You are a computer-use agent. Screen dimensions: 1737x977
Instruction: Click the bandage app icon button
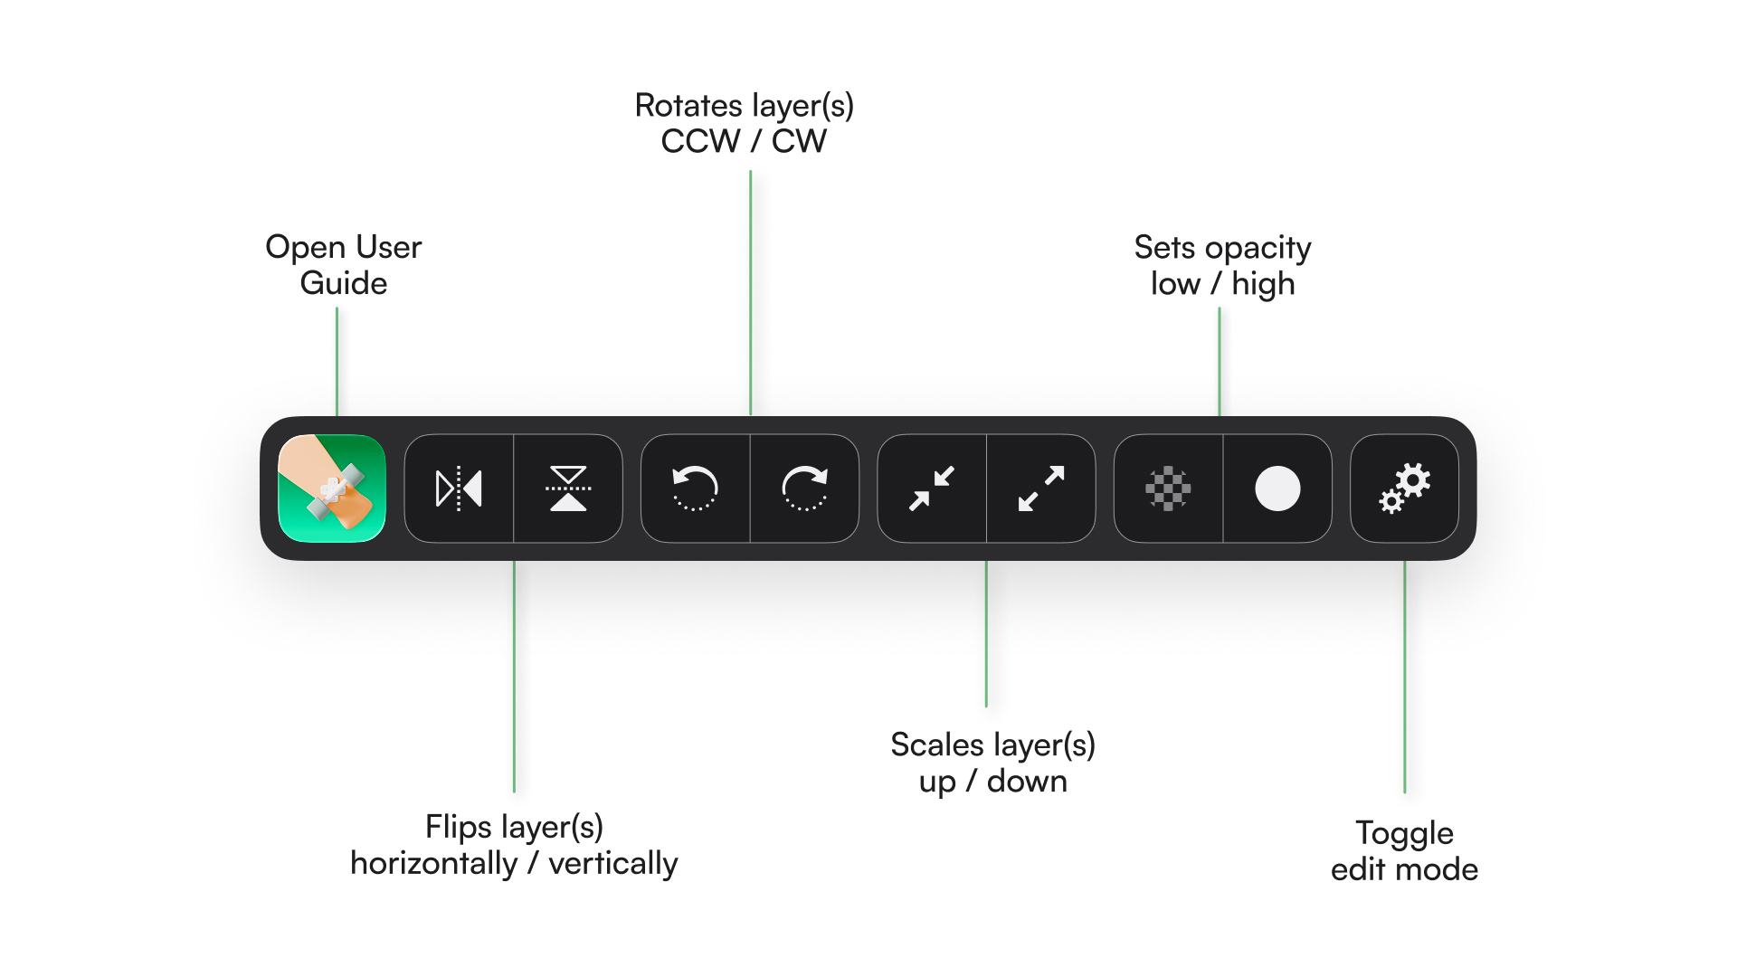point(332,488)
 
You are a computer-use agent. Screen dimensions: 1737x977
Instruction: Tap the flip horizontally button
point(459,488)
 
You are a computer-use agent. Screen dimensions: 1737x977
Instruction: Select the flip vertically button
point(568,488)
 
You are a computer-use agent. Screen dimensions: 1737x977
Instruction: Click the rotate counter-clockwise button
point(695,488)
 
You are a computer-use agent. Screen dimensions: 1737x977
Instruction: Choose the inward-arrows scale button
point(932,488)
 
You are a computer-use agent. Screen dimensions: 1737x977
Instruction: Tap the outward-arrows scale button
point(1041,488)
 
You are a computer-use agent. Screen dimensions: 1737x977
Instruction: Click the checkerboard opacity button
point(1168,488)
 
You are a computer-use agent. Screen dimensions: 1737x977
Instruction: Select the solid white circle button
point(1277,488)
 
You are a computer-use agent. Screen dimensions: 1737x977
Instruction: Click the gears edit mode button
point(1404,488)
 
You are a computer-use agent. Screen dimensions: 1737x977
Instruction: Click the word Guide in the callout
point(344,283)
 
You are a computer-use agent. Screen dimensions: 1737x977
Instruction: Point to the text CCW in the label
point(700,141)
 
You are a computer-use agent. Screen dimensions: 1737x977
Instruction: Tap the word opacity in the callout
point(1258,250)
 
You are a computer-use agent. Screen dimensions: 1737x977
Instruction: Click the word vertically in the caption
point(613,864)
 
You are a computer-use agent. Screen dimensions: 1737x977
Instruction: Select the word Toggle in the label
point(1404,834)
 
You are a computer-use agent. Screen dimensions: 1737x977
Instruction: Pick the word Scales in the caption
point(937,745)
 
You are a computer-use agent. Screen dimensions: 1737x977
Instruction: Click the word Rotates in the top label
point(688,106)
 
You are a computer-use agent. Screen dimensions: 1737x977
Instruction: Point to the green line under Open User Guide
point(337,362)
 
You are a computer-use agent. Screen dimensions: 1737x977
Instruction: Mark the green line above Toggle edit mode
point(1404,677)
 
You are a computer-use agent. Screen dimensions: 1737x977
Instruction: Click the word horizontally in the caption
point(434,864)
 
